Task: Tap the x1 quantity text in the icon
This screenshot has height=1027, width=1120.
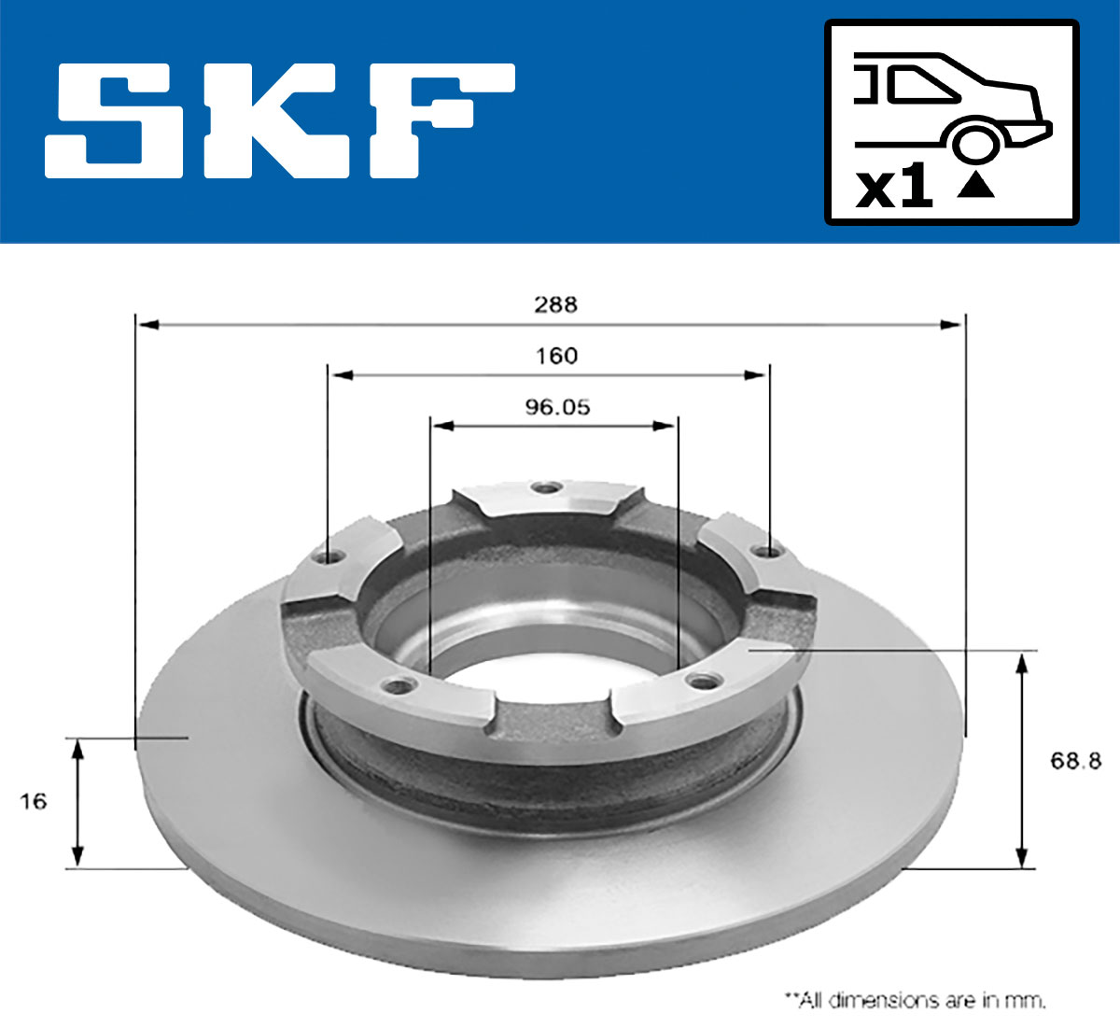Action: [x=894, y=188]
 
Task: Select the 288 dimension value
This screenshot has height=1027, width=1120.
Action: [x=555, y=304]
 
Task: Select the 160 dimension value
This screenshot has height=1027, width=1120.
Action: [x=557, y=356]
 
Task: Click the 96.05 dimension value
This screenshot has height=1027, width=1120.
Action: [x=557, y=407]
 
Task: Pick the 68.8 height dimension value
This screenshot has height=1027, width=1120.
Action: [x=1075, y=761]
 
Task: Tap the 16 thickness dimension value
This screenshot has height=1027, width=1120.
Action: [x=33, y=801]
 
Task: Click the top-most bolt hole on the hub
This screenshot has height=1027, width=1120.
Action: [x=544, y=487]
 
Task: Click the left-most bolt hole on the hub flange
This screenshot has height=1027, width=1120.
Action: [x=327, y=557]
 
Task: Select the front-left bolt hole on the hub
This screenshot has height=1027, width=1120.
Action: [x=399, y=686]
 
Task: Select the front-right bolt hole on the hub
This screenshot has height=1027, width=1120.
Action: [x=696, y=679]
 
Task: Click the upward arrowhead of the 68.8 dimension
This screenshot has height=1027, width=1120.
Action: [x=1024, y=664]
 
